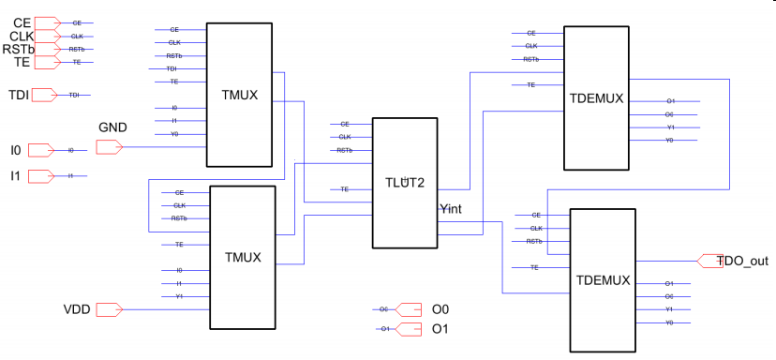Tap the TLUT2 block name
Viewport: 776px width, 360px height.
coord(406,184)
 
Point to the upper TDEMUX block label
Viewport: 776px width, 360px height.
coord(596,97)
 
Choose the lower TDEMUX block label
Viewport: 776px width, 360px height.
coord(604,280)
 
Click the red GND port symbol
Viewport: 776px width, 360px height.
coord(109,147)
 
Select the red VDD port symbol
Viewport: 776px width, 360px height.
coord(109,308)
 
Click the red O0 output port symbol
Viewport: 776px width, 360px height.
coord(410,308)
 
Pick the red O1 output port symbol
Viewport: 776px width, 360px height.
coord(410,328)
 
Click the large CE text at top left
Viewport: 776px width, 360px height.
coord(21,21)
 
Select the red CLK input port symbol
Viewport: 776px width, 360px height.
coord(48,36)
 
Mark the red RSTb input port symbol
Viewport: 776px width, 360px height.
coord(48,49)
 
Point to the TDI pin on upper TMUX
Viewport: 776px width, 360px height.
coord(172,68)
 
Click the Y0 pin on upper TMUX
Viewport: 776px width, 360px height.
coord(174,134)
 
